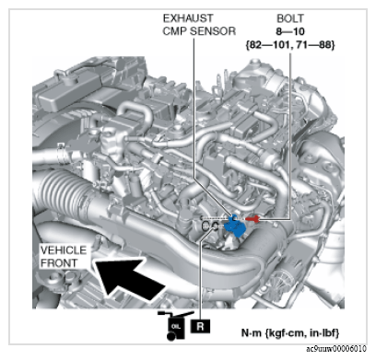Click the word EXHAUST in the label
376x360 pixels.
[188, 18]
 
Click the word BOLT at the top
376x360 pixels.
[290, 18]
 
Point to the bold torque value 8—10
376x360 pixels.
[290, 31]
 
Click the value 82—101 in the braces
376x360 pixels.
[268, 45]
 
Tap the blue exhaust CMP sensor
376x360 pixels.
[235, 226]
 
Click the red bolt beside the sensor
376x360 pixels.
[253, 218]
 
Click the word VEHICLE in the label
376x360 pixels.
[64, 250]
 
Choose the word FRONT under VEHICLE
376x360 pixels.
[59, 263]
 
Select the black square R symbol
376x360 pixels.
[200, 326]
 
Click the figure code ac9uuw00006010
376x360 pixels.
[336, 349]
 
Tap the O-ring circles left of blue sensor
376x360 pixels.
[210, 226]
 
